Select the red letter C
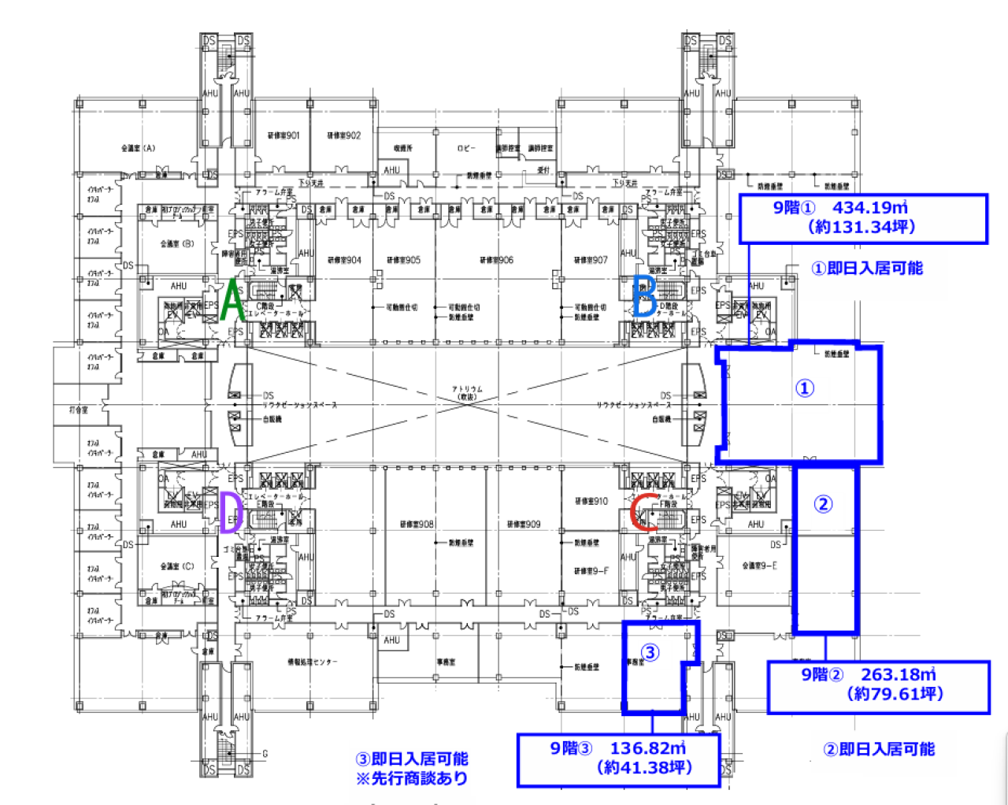pos(644,512)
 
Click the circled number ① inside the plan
pos(804,388)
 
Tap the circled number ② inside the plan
pos(823,504)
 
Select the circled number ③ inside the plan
pos(650,652)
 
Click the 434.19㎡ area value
pos(870,208)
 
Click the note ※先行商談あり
pos(412,778)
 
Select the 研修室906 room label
pos(496,260)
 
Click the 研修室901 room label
pos(283,135)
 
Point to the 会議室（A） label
pos(138,148)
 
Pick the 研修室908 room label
pos(417,524)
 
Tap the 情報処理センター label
pos(313,662)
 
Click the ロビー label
pos(466,148)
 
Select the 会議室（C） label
pos(176,566)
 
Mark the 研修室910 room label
pos(591,501)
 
